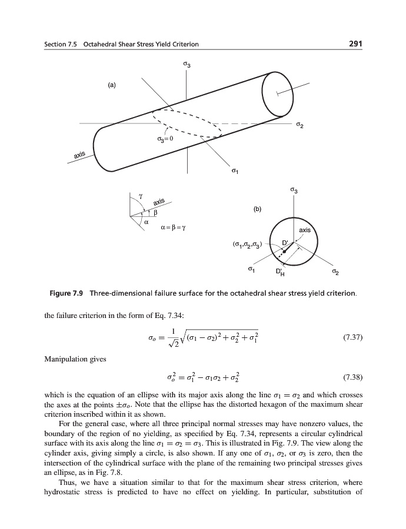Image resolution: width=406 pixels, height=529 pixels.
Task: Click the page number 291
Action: click(354, 43)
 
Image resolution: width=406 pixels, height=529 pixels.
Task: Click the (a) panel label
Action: click(111, 85)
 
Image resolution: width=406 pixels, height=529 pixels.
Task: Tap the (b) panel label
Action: click(257, 208)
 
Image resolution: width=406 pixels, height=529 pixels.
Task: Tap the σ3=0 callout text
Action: click(165, 139)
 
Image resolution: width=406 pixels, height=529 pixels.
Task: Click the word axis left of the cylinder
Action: click(80, 155)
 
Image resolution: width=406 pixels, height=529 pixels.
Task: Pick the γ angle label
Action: click(139, 195)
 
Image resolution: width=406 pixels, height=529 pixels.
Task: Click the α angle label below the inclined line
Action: click(147, 222)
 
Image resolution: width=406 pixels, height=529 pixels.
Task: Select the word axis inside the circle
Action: click(305, 230)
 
